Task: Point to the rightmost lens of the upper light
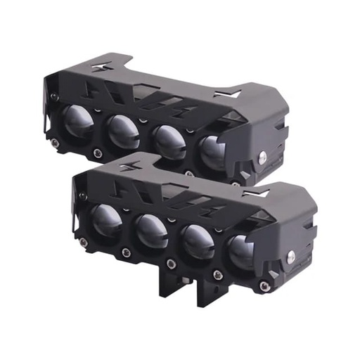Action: pyautogui.click(x=212, y=152)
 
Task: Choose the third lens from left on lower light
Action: pyautogui.click(x=196, y=242)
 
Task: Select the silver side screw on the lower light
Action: pyautogui.click(x=288, y=258)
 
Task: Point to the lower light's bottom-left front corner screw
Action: pyautogui.click(x=84, y=243)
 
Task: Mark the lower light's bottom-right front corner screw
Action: pyautogui.click(x=264, y=286)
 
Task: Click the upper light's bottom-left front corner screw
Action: pyautogui.click(x=56, y=143)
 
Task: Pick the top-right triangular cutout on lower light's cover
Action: pyautogui.click(x=257, y=191)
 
